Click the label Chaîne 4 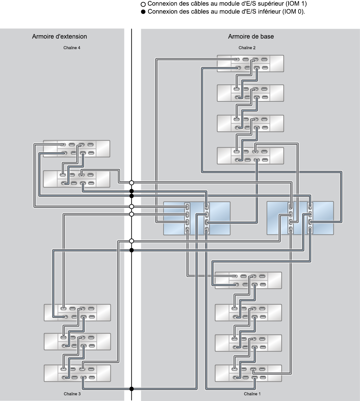pyautogui.click(x=72, y=48)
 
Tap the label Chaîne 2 pyautogui.click(x=247, y=48)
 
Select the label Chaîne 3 pyautogui.click(x=72, y=394)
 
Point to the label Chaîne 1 pyautogui.click(x=252, y=394)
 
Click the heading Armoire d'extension pyautogui.click(x=60, y=37)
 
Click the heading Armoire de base pyautogui.click(x=251, y=37)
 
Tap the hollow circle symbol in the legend pyautogui.click(x=143, y=5)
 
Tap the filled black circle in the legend pyautogui.click(x=143, y=12)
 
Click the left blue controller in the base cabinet pyautogui.click(x=197, y=218)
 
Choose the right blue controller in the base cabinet pyautogui.click(x=300, y=218)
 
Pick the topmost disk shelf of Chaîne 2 pyautogui.click(x=250, y=64)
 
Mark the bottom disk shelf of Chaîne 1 pyautogui.click(x=248, y=373)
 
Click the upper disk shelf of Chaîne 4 pyautogui.click(x=76, y=149)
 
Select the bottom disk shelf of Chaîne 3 pyautogui.click(x=77, y=373)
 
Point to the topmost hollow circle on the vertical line pyautogui.click(x=132, y=183)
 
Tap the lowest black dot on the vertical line pyautogui.click(x=132, y=389)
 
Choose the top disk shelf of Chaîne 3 pyautogui.click(x=77, y=313)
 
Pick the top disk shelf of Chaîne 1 pyautogui.click(x=248, y=280)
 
